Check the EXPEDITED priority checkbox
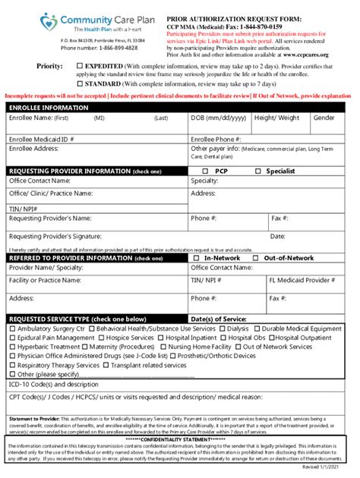pyautogui.click(x=81, y=67)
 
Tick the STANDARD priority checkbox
pyautogui.click(x=81, y=84)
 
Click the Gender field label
pyautogui.click(x=324, y=118)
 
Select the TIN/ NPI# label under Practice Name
pyautogui.click(x=24, y=208)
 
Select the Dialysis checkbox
pyautogui.click(x=223, y=329)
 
